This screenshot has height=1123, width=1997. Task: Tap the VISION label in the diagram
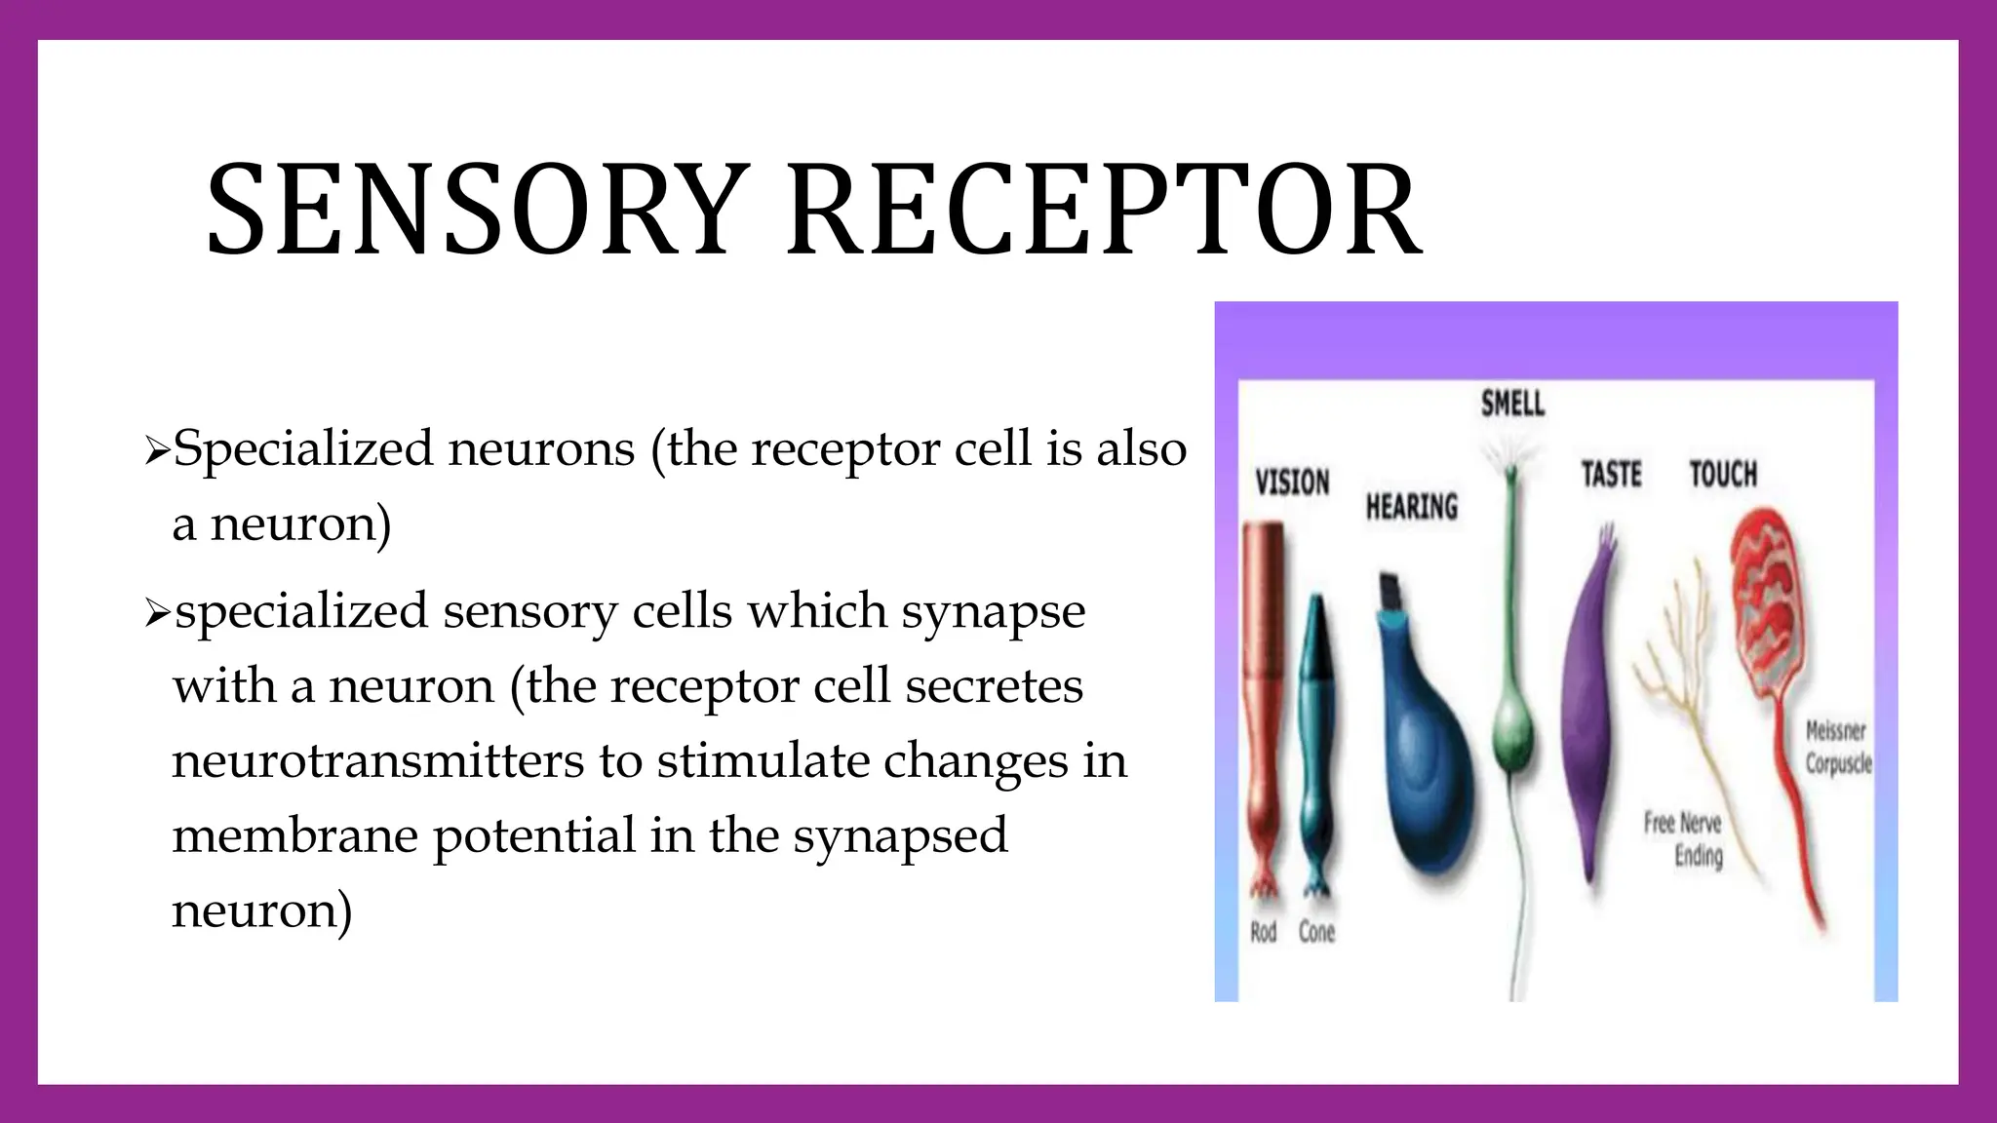pos(1292,482)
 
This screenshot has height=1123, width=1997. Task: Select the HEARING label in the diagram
pos(1411,506)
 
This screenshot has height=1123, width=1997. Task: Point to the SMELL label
pos(1512,403)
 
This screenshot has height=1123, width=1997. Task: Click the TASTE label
pos(1611,475)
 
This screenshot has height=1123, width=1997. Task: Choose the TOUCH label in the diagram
pos(1723,474)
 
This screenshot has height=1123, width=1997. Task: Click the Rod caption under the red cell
pos(1263,932)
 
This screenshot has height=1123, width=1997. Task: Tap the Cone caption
pos(1316,932)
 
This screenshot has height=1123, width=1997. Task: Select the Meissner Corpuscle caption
pos(1837,747)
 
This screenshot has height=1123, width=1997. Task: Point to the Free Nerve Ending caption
pos(1685,839)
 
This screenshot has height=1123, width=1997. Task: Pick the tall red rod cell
pos(1264,682)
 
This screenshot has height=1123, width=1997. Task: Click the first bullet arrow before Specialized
pos(156,450)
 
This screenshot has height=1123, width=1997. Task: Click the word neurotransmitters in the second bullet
pos(375,760)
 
